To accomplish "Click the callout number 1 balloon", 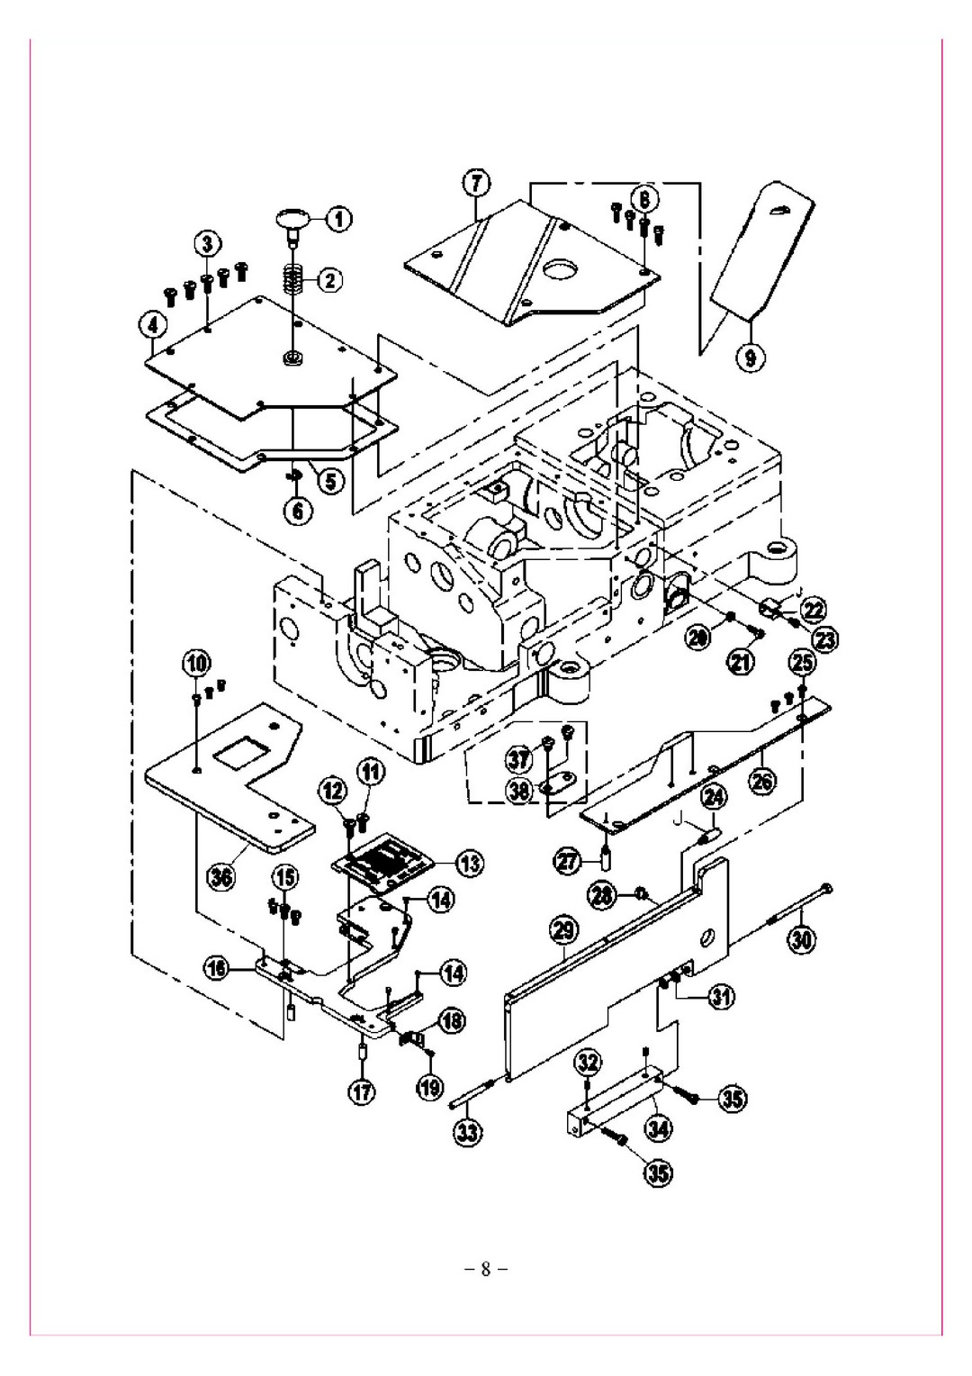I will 340,217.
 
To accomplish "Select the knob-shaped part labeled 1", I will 293,219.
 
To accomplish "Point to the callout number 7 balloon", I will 476,184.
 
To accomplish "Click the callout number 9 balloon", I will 753,358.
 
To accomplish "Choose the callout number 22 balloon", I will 814,610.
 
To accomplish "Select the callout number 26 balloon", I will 762,783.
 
